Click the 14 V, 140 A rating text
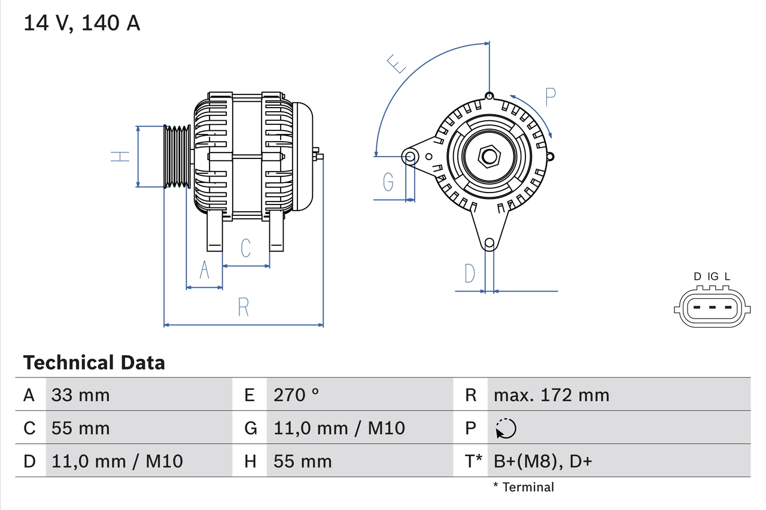pos(82,23)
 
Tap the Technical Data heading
pos(94,362)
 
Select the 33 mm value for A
pos(80,395)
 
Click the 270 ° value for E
pos(296,395)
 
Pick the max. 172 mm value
pos(551,395)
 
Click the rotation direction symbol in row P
pos(506,428)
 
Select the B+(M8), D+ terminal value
pos(542,461)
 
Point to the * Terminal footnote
pos(524,487)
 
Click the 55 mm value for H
pos(302,461)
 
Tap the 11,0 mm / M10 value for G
pos(339,428)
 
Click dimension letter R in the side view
pos(243,307)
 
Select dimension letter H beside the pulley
pos(120,157)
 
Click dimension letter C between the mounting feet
pos(245,248)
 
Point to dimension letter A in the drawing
pos(204,270)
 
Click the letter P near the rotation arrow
pos(551,97)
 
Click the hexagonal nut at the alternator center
pos(489,157)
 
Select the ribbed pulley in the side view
pos(177,157)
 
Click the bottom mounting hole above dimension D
pos(489,243)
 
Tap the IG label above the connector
pos(713,276)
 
